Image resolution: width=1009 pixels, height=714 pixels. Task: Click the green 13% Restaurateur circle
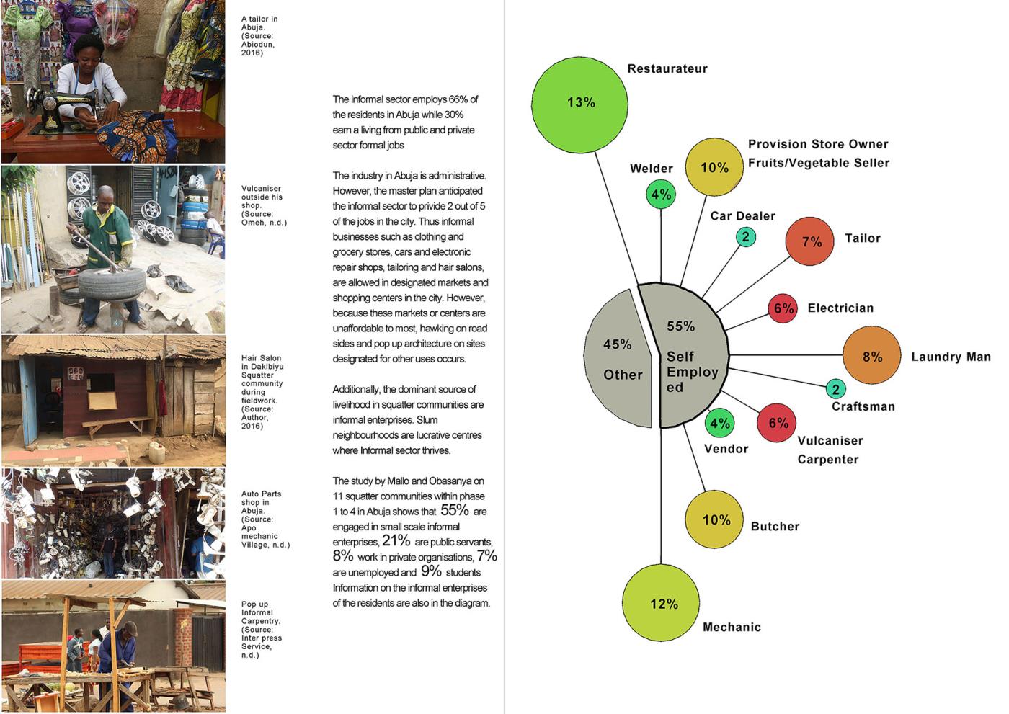(x=579, y=104)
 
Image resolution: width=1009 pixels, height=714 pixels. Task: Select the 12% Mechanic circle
(x=661, y=603)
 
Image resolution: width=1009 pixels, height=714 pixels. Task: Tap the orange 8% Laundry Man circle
(x=871, y=355)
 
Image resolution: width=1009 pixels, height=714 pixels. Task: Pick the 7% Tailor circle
(x=809, y=241)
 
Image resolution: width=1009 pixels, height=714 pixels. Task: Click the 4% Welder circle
(x=661, y=195)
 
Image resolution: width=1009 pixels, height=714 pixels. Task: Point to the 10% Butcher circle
(x=714, y=519)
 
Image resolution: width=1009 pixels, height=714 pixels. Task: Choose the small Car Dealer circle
(x=745, y=237)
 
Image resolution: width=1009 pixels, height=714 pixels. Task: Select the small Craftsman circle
(x=835, y=389)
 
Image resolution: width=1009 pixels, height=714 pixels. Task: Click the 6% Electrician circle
(x=783, y=308)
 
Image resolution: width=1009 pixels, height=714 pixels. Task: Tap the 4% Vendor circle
(x=720, y=423)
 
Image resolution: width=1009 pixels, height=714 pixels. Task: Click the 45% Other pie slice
(x=618, y=358)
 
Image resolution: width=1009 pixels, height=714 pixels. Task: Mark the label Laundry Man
(x=951, y=357)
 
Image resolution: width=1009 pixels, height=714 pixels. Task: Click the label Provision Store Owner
(x=818, y=144)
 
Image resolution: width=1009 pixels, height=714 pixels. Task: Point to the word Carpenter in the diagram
(x=828, y=460)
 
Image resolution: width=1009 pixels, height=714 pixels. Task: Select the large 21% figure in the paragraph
(x=396, y=540)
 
